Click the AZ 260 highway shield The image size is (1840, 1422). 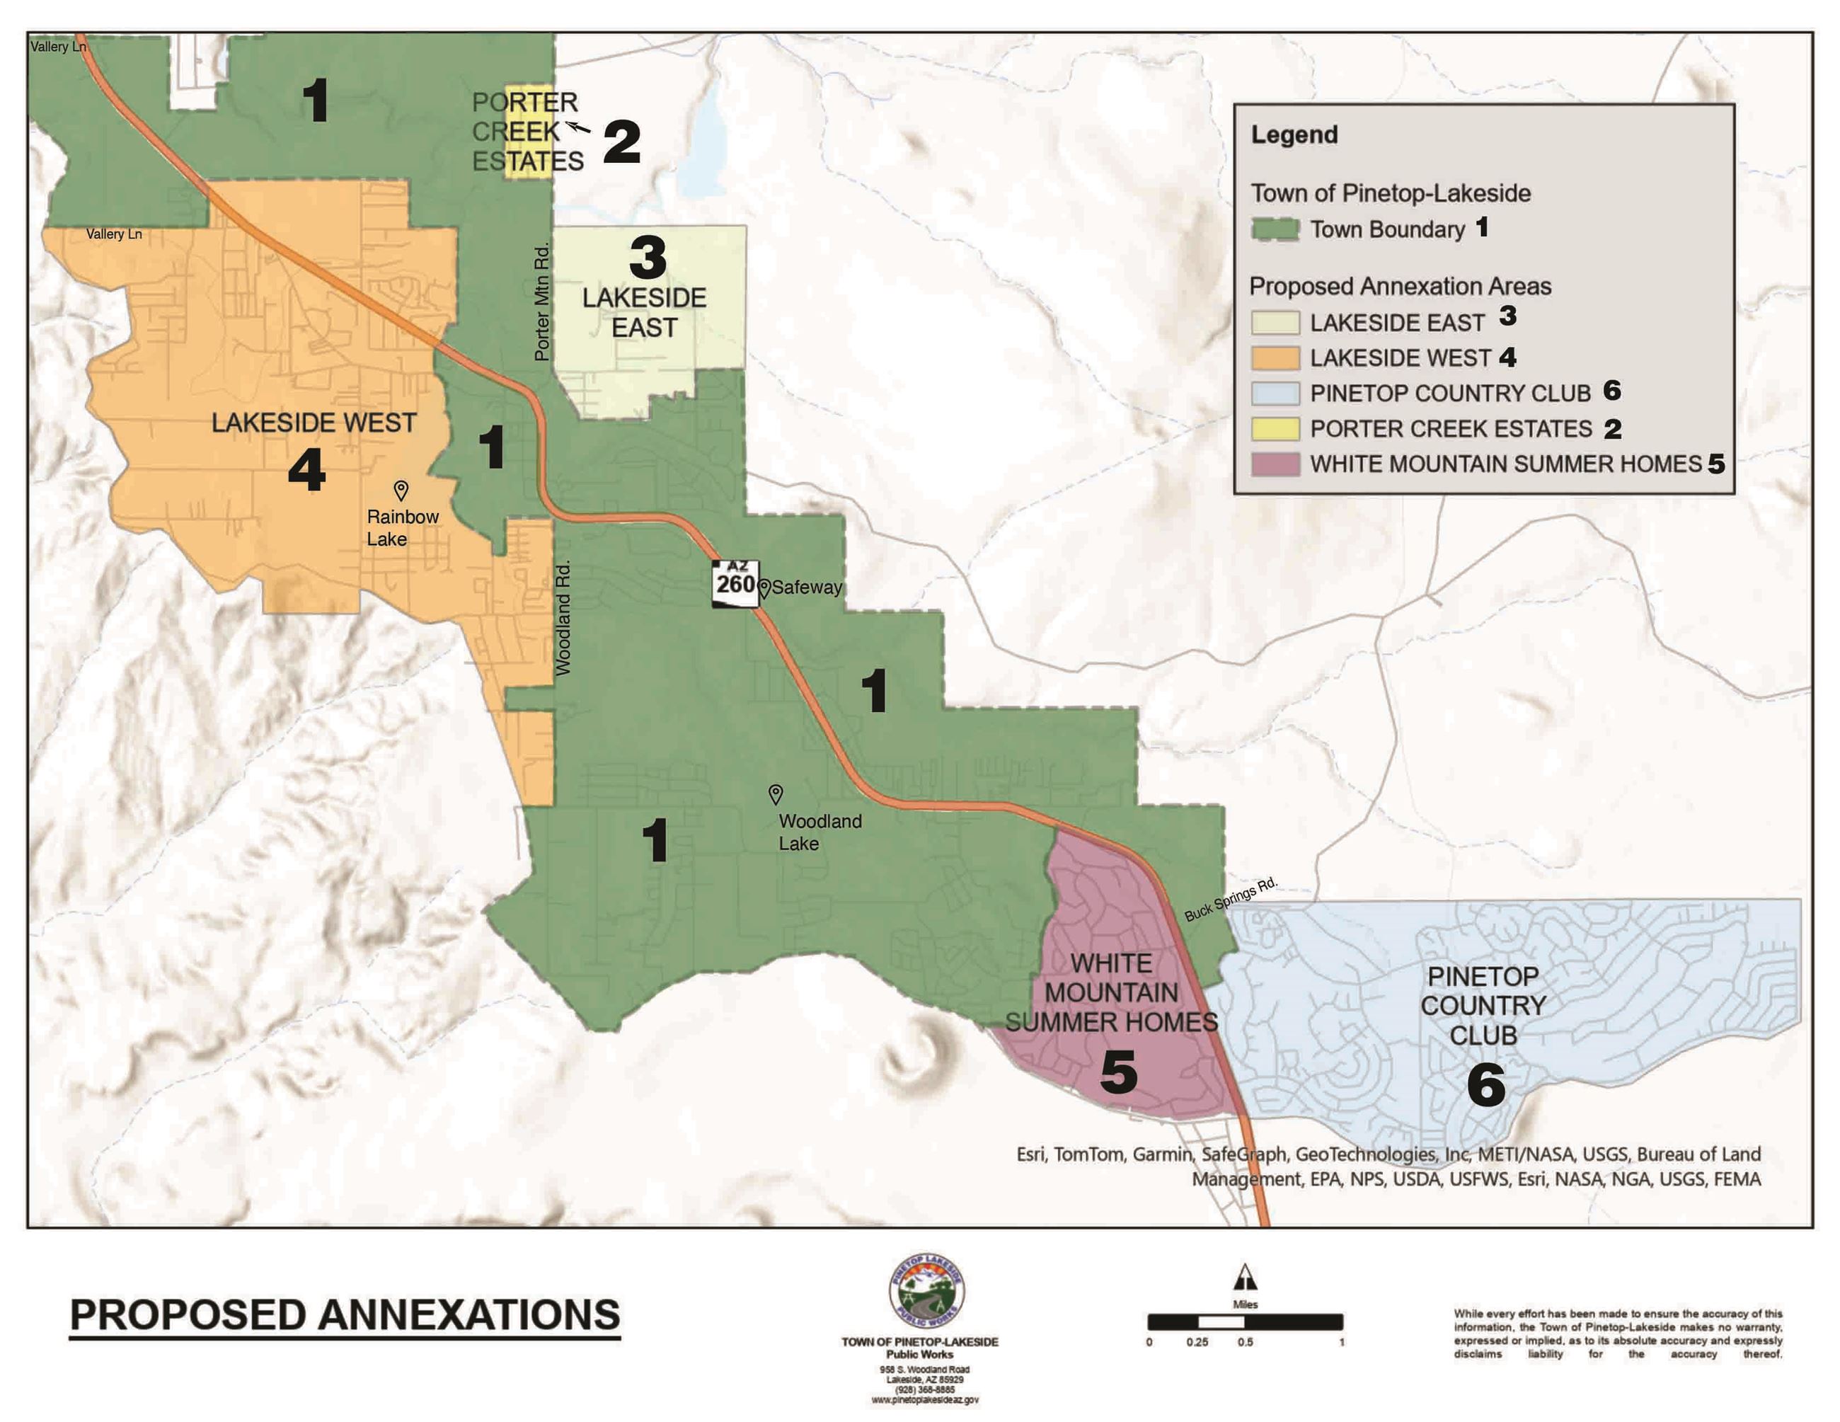pos(735,583)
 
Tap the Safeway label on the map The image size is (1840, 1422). pos(806,587)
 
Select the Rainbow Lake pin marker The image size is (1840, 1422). pos(401,489)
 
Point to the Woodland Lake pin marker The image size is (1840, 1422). pos(776,793)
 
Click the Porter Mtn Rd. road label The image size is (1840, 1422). pos(541,302)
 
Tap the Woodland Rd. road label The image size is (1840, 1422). pos(563,617)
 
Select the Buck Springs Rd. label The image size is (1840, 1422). pos(1231,899)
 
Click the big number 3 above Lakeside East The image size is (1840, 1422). pos(648,257)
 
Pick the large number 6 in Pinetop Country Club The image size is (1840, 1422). pos(1485,1084)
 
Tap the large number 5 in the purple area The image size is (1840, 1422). pos(1119,1072)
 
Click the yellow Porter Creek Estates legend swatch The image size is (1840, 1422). pos(1275,428)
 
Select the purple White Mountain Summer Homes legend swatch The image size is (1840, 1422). pos(1275,464)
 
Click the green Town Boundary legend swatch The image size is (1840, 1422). pos(1275,229)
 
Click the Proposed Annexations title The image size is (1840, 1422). pos(345,1315)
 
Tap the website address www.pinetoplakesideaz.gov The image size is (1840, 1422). pos(924,1399)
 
